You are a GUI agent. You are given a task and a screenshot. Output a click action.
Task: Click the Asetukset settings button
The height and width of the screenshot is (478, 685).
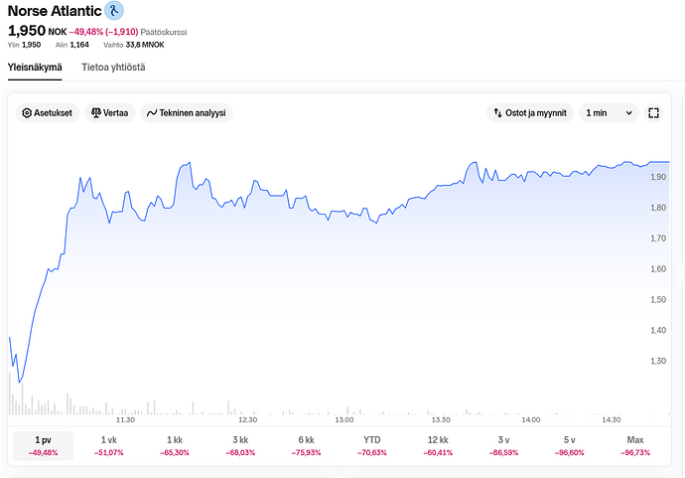47,113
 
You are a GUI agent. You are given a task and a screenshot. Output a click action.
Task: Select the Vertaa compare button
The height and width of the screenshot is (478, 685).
109,113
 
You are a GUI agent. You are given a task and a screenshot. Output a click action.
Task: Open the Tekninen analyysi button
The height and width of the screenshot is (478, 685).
187,113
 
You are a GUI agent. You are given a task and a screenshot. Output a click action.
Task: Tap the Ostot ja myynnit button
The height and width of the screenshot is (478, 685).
530,113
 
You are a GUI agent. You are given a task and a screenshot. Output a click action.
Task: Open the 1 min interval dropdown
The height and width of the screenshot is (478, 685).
609,113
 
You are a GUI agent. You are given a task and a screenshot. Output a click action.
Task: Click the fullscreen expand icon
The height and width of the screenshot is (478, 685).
653,113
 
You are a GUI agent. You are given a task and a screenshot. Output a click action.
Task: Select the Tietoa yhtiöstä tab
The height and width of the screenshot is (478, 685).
113,67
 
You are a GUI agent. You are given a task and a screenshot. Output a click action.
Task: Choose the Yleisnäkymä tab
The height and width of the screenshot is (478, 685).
35,67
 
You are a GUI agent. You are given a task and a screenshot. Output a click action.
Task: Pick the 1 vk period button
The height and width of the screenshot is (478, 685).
109,445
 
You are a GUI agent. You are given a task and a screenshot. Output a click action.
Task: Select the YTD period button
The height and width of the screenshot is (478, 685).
372,445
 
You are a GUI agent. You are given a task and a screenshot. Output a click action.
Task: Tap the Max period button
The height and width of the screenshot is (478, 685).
635,445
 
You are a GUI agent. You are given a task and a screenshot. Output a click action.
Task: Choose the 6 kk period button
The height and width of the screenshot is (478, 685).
306,445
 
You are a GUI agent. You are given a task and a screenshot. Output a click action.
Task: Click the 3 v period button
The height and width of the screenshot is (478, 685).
503,445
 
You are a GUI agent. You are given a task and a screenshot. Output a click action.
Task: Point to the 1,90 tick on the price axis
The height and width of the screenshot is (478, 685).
657,177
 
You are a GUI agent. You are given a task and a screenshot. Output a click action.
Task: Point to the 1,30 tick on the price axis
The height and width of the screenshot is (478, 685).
657,361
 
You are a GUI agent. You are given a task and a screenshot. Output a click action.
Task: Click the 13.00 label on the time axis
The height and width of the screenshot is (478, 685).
344,419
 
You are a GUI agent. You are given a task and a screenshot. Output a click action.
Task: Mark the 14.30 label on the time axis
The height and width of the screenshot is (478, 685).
612,419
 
